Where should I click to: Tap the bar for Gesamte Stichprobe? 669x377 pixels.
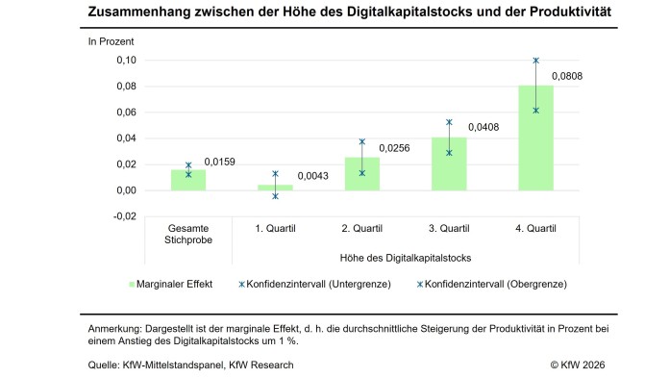188,180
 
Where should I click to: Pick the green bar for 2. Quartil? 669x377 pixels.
362,174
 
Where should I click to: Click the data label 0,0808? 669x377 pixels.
567,76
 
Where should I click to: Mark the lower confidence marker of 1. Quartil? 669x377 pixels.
275,196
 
